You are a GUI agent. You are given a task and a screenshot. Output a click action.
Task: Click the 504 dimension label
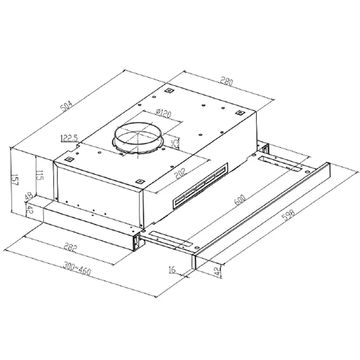66,106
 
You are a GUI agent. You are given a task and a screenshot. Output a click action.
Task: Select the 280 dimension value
227,81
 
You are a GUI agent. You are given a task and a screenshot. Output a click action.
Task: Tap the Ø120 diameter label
163,113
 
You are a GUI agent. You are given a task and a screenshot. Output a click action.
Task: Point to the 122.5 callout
69,139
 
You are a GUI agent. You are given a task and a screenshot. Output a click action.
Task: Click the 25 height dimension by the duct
175,143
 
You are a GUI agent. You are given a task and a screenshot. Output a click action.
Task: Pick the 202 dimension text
181,174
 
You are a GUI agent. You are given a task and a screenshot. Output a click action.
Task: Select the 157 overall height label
15,180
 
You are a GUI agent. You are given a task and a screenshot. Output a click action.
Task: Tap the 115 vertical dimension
40,175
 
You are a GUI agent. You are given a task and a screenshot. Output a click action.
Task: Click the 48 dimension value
29,196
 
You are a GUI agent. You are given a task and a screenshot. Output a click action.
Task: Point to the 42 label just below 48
30,209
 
